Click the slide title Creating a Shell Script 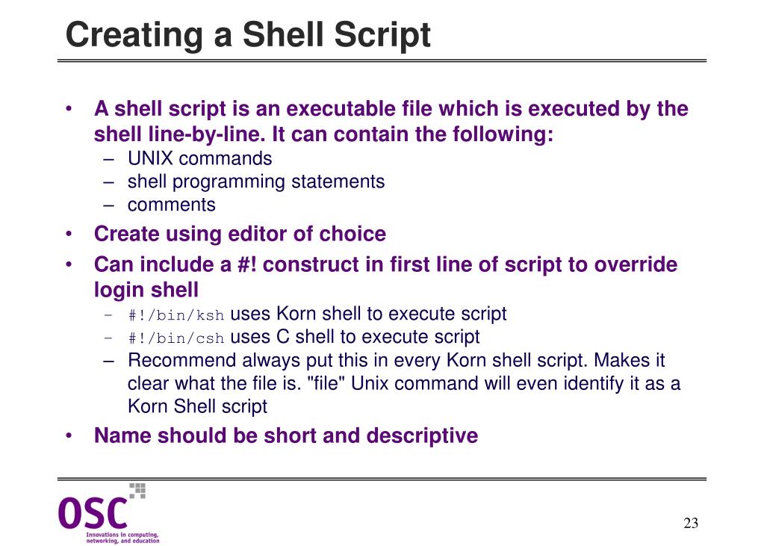click(248, 35)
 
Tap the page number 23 click(691, 523)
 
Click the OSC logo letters click(93, 513)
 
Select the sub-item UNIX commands click(199, 158)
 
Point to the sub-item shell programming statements click(256, 182)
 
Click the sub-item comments click(171, 205)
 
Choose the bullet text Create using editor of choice click(240, 234)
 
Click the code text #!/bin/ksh click(176, 315)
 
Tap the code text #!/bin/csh click(176, 338)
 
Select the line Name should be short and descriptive click(285, 435)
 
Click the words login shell click(146, 290)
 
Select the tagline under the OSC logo click(122, 538)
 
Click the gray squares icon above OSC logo click(137, 490)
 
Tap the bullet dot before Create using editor click(69, 235)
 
